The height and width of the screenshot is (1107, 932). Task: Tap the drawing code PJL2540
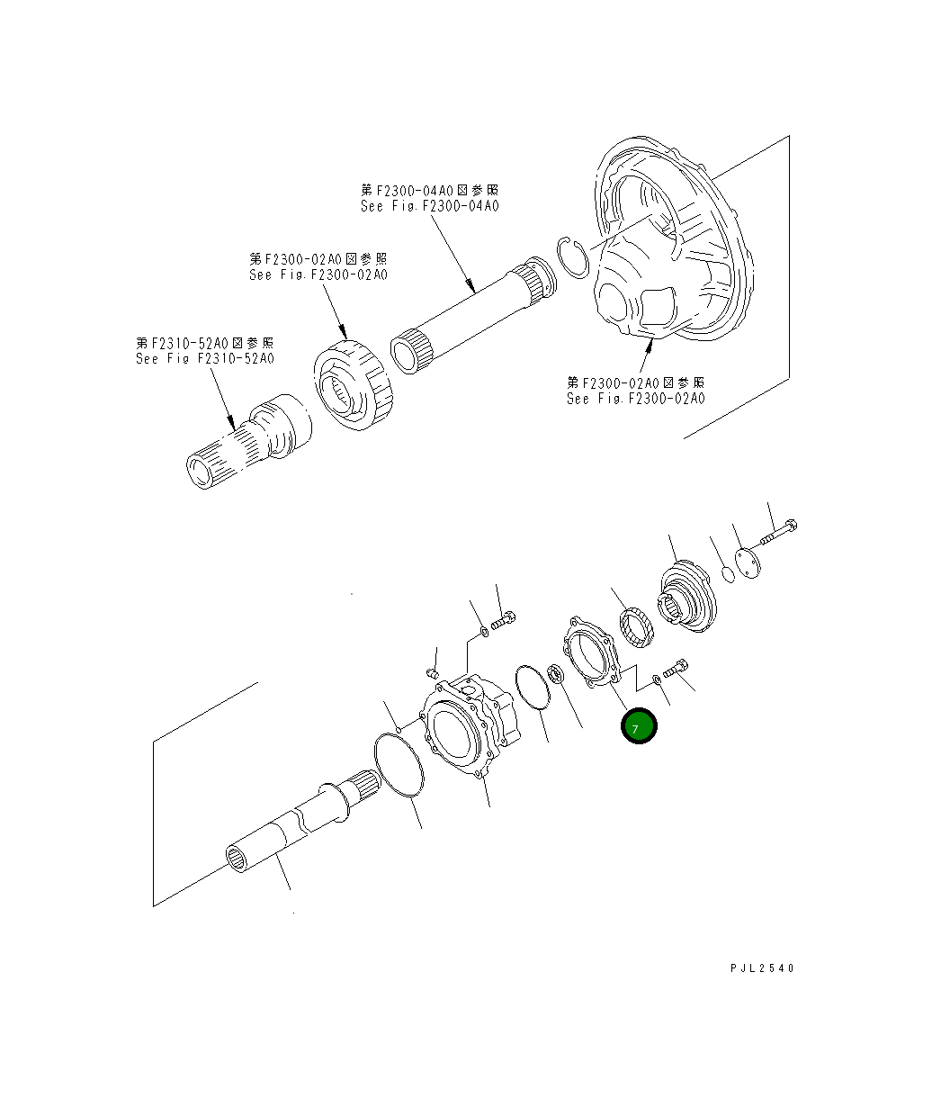pos(762,968)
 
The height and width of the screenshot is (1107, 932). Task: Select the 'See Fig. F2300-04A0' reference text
pos(429,206)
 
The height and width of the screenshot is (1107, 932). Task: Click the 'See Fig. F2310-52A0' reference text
pos(204,358)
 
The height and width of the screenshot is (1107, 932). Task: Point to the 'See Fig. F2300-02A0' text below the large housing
pos(635,398)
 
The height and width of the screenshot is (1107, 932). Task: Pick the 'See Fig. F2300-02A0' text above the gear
pos(318,274)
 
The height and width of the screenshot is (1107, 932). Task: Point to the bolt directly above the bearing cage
pos(505,618)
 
